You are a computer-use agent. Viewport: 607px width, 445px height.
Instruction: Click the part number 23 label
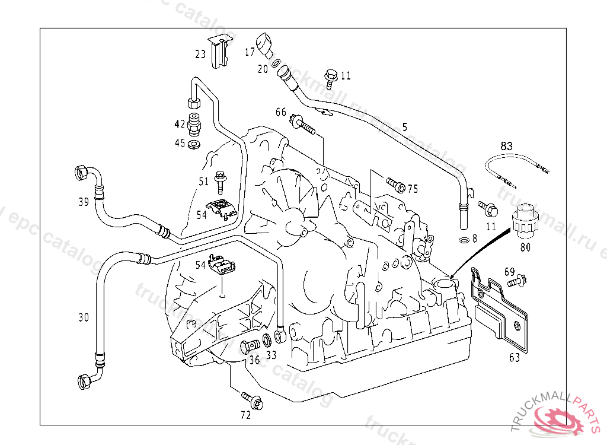[x=200, y=54]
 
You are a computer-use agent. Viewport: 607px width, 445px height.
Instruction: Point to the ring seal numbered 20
[x=276, y=63]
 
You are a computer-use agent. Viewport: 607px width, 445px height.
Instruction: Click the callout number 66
[x=280, y=112]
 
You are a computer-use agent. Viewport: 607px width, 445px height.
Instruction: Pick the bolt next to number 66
[x=302, y=125]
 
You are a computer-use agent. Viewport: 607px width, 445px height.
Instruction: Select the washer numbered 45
[x=194, y=144]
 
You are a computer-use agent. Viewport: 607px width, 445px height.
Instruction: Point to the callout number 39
[x=84, y=202]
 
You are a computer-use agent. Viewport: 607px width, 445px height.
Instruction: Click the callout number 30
[x=84, y=317]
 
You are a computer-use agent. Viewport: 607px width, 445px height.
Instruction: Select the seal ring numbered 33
[x=267, y=341]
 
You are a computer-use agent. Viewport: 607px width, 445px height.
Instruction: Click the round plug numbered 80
[x=523, y=220]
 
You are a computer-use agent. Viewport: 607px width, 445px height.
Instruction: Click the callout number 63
[x=515, y=357]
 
